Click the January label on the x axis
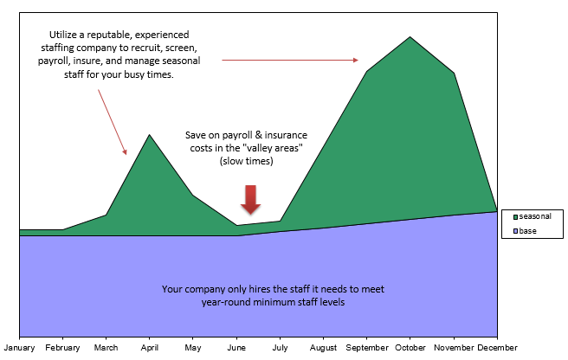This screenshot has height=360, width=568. [x=19, y=348]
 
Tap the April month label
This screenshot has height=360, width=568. [x=150, y=348]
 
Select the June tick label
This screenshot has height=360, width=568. [x=236, y=348]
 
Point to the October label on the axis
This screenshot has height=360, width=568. [x=410, y=348]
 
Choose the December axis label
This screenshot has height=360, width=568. [x=497, y=348]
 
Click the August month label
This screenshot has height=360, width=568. [x=323, y=348]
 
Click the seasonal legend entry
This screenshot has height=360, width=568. [x=532, y=216]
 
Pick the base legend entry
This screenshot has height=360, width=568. [x=525, y=231]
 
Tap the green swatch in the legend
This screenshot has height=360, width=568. [x=515, y=217]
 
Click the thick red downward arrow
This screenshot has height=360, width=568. [x=251, y=200]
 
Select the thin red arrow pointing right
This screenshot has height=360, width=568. [x=290, y=60]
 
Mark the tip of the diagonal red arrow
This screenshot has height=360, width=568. [x=126, y=155]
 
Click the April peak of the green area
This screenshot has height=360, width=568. [x=149, y=135]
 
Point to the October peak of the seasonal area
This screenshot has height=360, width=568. [x=410, y=36]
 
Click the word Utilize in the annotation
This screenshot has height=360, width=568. [x=63, y=35]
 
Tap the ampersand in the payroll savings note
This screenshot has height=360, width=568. [x=258, y=135]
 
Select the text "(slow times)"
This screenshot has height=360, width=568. [x=246, y=161]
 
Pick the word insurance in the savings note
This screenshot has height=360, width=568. [x=286, y=135]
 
